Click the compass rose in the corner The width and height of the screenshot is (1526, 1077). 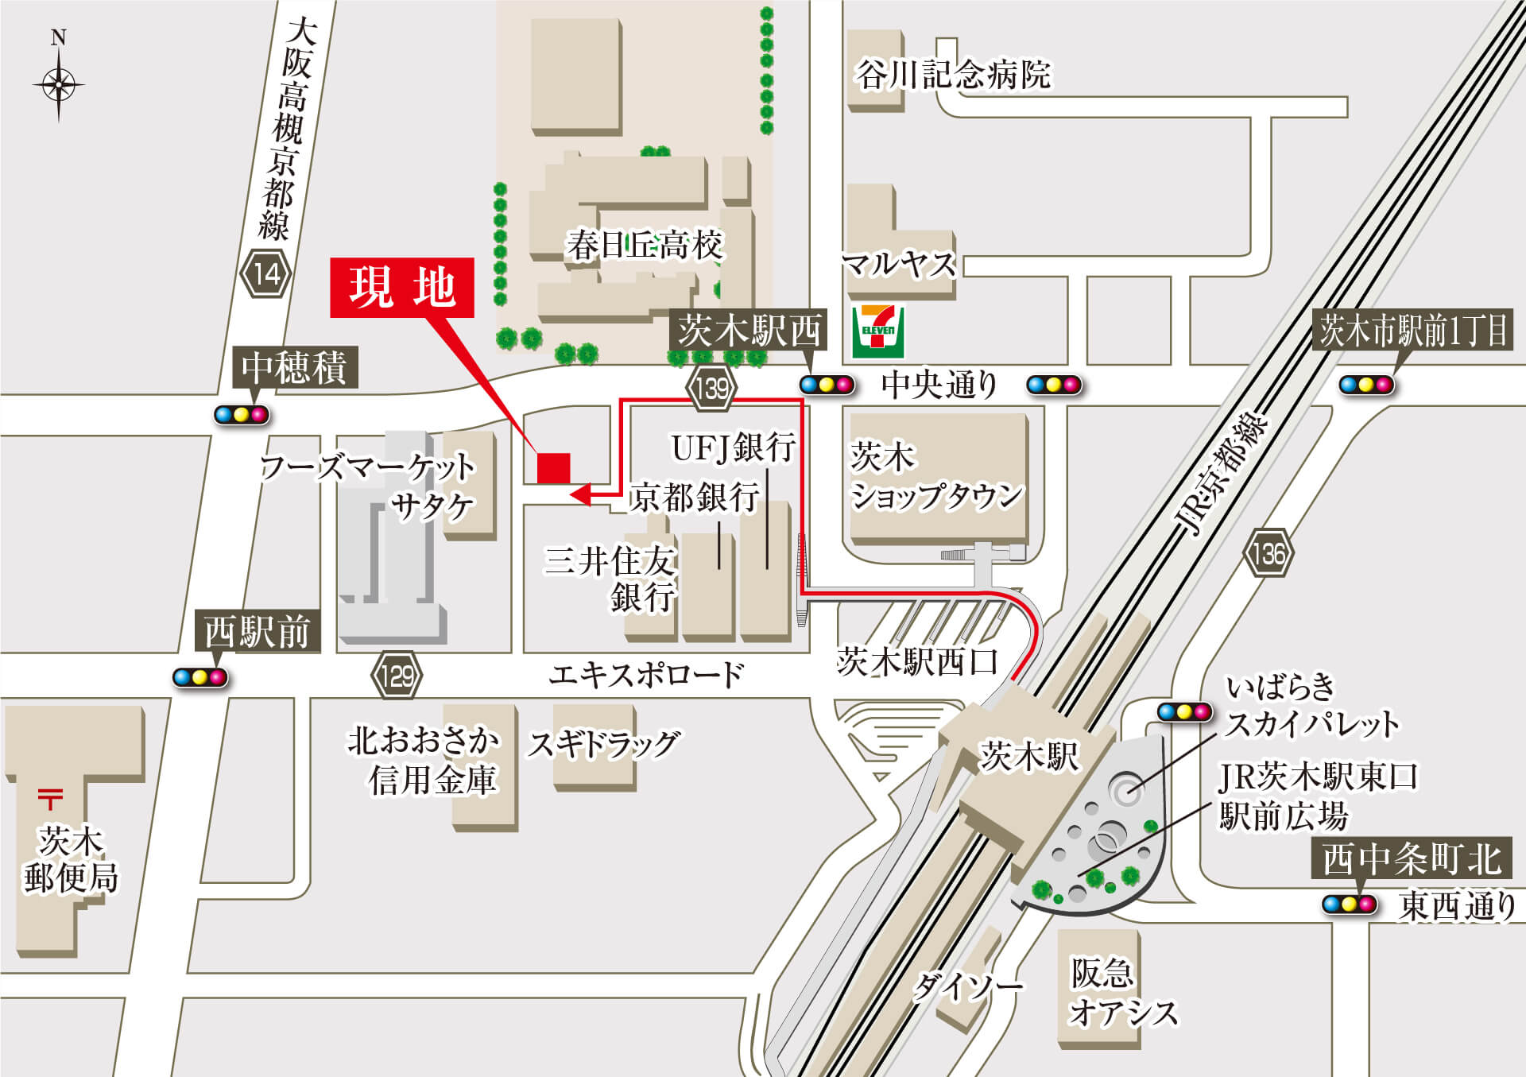pyautogui.click(x=58, y=83)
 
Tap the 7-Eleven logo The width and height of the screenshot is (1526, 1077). pyautogui.click(x=877, y=331)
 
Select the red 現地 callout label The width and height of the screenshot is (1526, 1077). pyautogui.click(x=402, y=288)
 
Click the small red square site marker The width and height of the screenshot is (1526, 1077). pyautogui.click(x=553, y=468)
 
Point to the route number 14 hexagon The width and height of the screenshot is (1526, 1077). pyautogui.click(x=266, y=274)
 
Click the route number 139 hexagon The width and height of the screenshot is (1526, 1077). pyautogui.click(x=711, y=388)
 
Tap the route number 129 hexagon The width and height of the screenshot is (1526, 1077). pyautogui.click(x=397, y=676)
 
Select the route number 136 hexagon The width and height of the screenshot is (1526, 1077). pyautogui.click(x=1268, y=552)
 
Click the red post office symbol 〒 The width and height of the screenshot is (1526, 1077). pyautogui.click(x=50, y=798)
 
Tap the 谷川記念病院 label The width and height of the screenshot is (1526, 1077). pyautogui.click(x=953, y=75)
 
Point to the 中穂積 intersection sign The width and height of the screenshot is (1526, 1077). pyautogui.click(x=294, y=367)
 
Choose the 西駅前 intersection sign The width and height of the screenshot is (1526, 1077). pyautogui.click(x=257, y=632)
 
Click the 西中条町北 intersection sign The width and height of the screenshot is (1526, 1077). pyautogui.click(x=1412, y=859)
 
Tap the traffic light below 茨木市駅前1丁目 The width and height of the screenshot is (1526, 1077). pyautogui.click(x=1366, y=385)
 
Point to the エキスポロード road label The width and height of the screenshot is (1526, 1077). pyautogui.click(x=646, y=675)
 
